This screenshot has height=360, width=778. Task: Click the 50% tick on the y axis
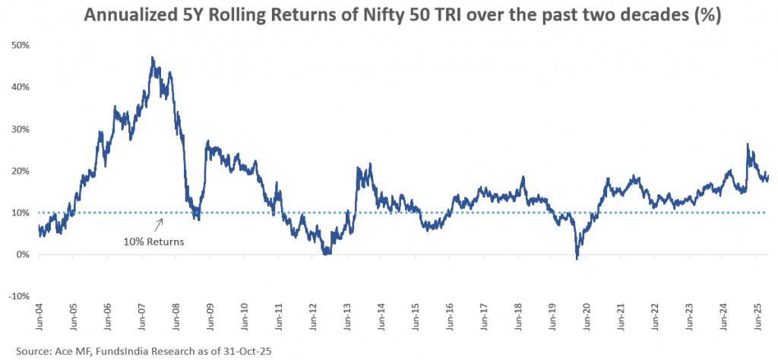[20, 45]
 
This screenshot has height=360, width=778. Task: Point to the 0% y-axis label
[22, 254]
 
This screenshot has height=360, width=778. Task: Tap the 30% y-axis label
[20, 129]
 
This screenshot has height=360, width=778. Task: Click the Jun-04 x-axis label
[39, 318]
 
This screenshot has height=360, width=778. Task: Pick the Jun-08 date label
[176, 318]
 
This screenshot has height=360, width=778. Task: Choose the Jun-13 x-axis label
[346, 318]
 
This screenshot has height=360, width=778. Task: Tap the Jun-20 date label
[586, 318]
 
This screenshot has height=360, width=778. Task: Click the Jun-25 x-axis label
[757, 318]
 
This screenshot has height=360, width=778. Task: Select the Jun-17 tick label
[483, 318]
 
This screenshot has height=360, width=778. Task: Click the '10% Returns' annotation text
[153, 242]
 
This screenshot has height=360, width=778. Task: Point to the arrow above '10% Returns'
[160, 224]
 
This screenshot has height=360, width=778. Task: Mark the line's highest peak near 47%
[153, 58]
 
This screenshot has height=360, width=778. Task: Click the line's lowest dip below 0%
[577, 259]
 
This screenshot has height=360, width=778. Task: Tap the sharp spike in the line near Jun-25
[748, 144]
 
